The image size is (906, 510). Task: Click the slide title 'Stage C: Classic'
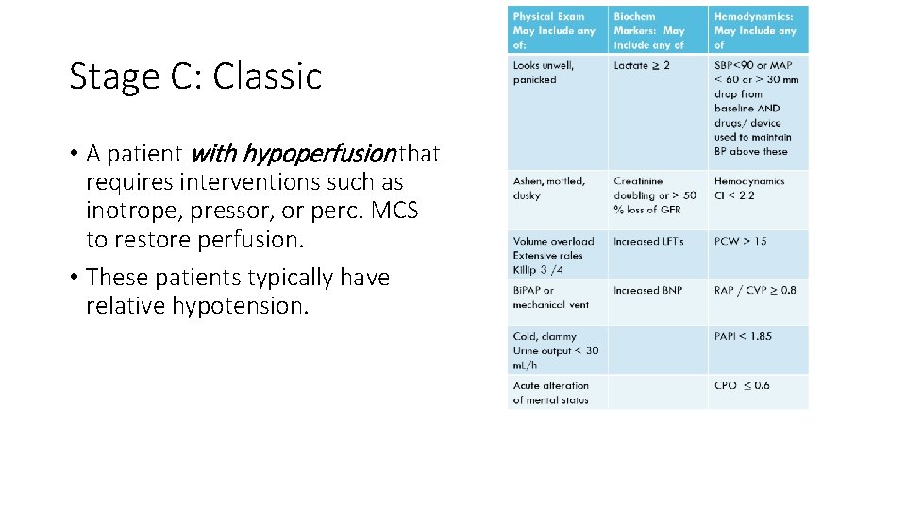[195, 76]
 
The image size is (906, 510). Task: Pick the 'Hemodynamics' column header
[758, 30]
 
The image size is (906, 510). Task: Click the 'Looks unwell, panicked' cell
[544, 73]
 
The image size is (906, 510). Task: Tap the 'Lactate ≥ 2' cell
[642, 66]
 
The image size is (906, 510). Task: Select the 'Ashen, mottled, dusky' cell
[549, 188]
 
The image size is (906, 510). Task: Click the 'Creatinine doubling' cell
[655, 195]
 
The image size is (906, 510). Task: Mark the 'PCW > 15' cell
[741, 242]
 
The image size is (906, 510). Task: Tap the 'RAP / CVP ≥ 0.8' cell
[755, 291]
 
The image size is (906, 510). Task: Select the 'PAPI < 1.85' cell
[743, 336]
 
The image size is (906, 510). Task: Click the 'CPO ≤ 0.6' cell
[742, 385]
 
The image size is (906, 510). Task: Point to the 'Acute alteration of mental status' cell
[551, 393]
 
